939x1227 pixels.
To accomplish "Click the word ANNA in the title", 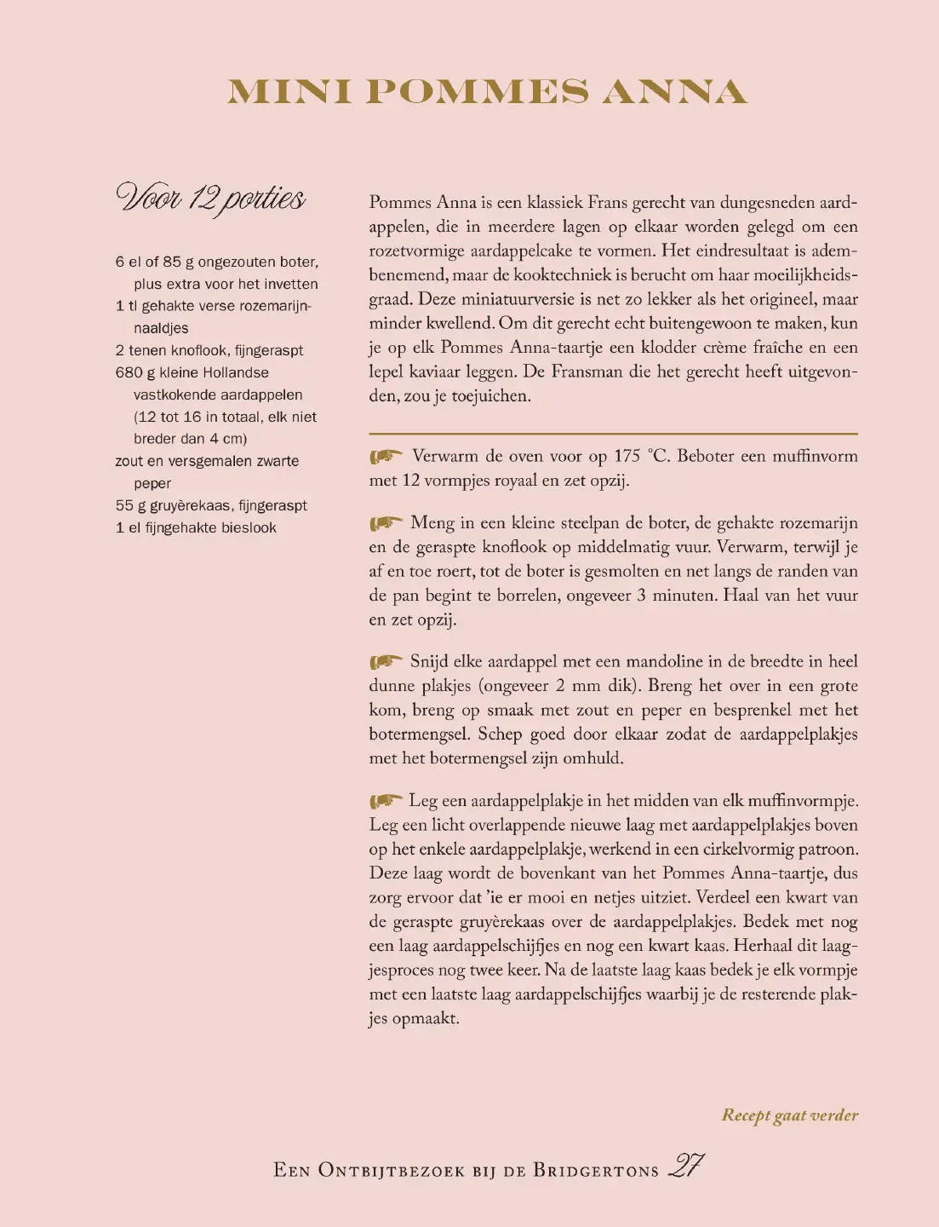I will click(674, 92).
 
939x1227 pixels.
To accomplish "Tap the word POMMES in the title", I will click(477, 92).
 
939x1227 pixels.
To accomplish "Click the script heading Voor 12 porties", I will click(210, 199).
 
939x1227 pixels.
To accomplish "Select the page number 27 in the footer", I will click(686, 1166).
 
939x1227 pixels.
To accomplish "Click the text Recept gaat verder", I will click(789, 1115).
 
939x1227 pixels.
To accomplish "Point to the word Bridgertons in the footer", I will click(596, 1170).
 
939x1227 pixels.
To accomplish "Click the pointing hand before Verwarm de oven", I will click(386, 457).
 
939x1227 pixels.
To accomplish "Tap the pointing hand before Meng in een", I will click(386, 523).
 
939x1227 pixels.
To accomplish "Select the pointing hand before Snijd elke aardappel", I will click(386, 662).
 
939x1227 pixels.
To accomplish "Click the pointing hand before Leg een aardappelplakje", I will click(386, 801).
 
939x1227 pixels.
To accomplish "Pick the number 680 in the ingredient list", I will click(129, 372).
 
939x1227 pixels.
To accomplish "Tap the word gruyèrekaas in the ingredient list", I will click(190, 505).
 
